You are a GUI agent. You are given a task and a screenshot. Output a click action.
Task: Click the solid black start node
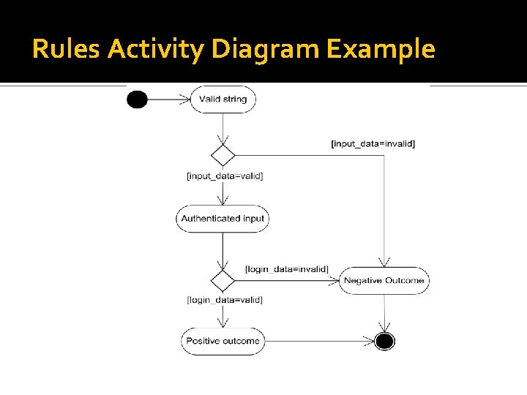137,99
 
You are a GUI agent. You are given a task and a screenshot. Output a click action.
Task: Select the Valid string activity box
223,99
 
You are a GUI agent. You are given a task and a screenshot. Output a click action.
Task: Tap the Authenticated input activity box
223,218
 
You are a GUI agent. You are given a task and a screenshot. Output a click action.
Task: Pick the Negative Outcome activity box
384,280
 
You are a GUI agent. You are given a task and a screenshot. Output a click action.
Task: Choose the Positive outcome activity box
223,341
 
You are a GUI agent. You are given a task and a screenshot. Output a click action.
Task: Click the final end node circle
384,341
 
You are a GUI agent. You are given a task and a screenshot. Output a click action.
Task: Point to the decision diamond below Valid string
223,155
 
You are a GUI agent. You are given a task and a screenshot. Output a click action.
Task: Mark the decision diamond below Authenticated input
223,280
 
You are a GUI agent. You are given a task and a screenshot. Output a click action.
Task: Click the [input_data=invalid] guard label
373,143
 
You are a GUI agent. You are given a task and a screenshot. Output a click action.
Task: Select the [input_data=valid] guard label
225,176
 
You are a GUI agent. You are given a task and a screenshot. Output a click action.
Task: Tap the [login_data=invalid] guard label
286,269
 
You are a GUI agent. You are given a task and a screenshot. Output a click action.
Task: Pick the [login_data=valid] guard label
225,299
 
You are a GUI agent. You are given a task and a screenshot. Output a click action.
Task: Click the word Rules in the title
67,50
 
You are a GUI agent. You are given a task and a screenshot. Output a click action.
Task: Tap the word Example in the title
381,50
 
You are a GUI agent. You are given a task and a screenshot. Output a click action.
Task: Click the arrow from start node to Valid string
169,99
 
